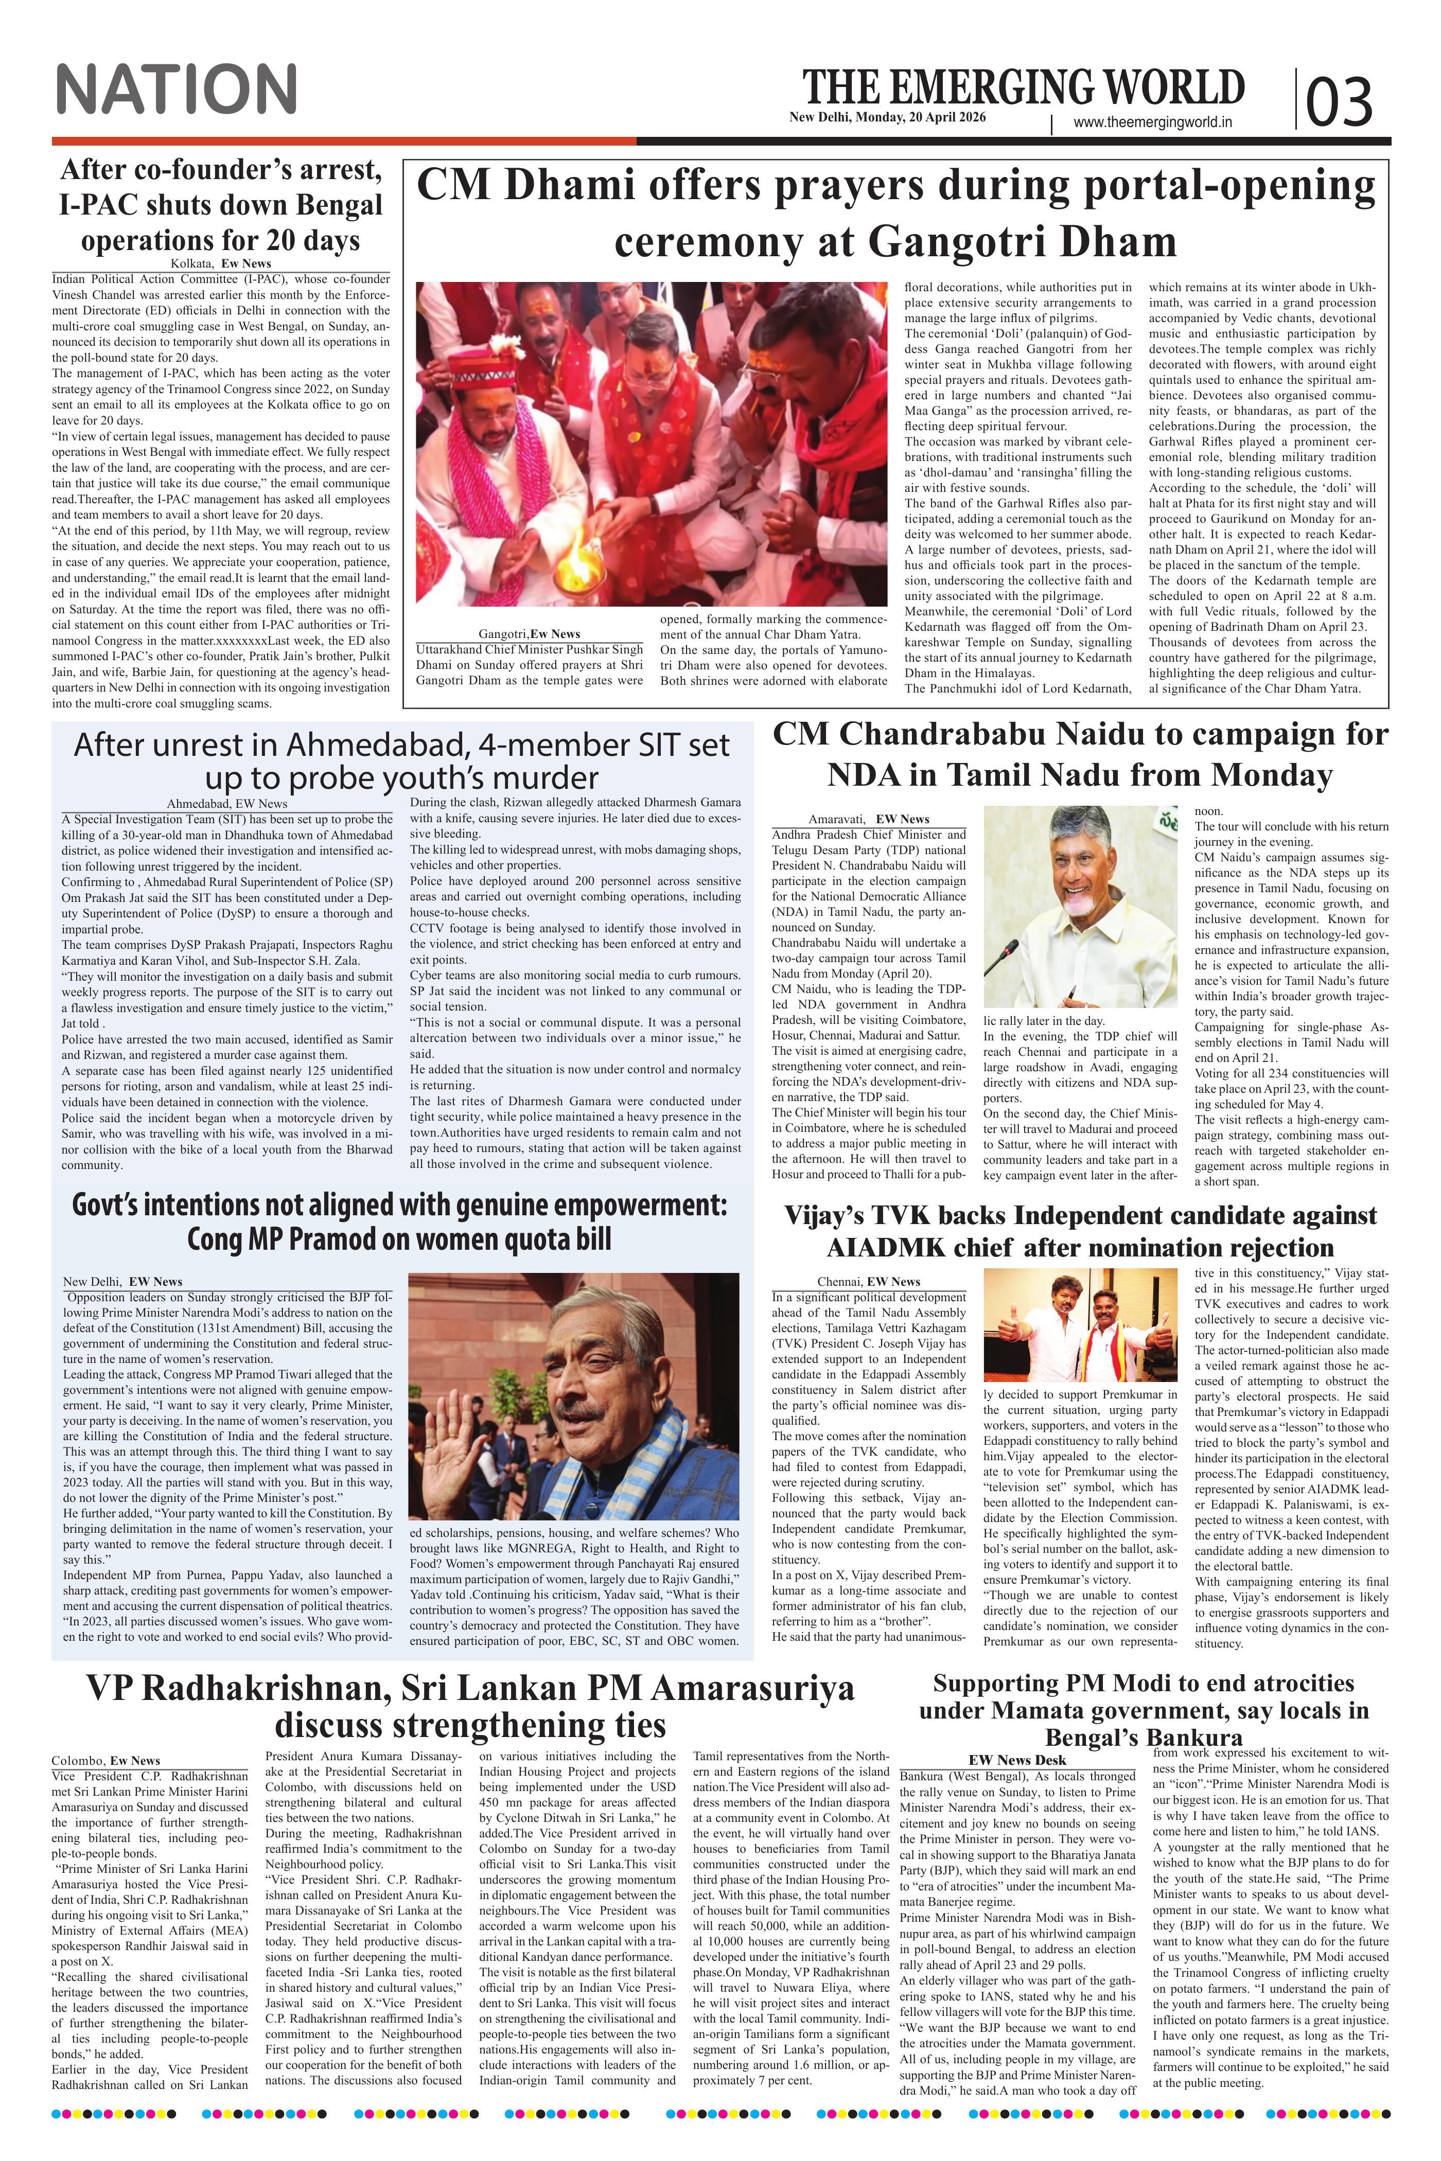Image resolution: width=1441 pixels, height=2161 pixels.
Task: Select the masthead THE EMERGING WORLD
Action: (x=1023, y=87)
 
